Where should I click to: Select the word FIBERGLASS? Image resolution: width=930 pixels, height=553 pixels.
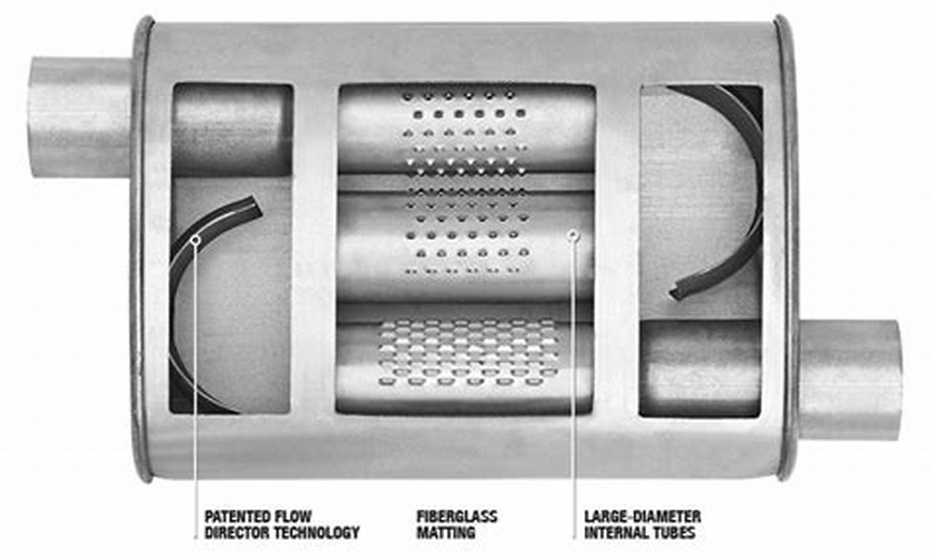[456, 517]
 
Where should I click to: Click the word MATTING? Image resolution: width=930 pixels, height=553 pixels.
[445, 533]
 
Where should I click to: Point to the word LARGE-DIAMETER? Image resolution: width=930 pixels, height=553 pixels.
[643, 517]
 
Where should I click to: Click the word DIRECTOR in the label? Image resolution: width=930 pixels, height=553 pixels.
[239, 533]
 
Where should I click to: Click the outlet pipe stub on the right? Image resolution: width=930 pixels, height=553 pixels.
[850, 378]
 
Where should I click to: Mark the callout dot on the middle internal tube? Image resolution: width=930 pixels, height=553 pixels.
[574, 234]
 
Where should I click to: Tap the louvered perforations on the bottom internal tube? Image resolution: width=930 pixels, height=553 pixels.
[466, 353]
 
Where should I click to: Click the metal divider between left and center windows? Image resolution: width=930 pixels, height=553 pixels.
[314, 247]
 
